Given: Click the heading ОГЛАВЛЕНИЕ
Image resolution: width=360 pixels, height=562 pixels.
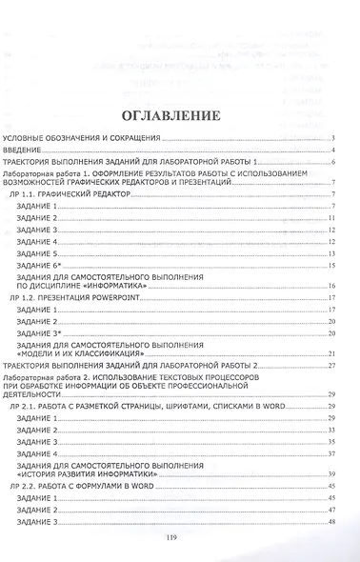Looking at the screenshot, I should click(x=180, y=116).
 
